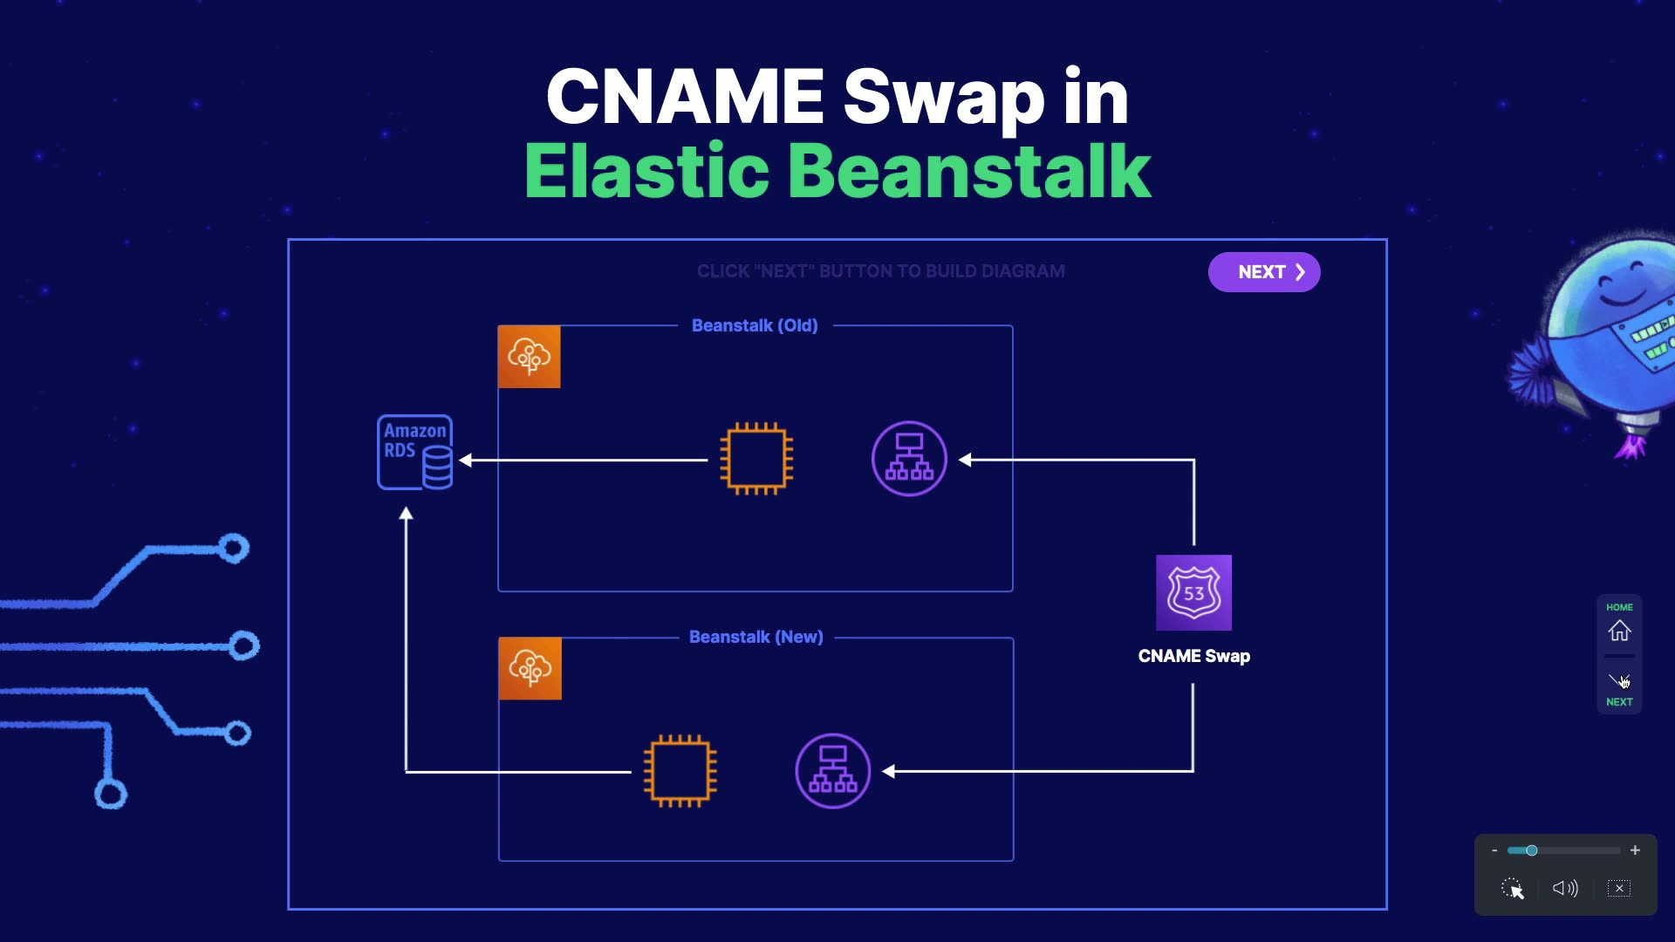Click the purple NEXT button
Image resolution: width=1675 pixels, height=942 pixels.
[1264, 272]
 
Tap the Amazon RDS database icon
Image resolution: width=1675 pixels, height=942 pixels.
[415, 452]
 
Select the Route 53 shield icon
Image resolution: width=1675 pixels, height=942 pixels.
[1193, 592]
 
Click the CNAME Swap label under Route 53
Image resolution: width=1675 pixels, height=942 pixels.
[1194, 656]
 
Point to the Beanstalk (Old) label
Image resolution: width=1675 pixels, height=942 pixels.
[755, 325]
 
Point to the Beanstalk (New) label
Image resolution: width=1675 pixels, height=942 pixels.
[756, 637]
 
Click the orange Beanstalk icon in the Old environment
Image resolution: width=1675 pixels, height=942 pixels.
[529, 357]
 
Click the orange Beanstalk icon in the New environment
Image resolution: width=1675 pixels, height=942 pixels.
[530, 668]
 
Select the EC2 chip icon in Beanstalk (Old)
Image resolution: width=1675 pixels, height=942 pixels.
[756, 459]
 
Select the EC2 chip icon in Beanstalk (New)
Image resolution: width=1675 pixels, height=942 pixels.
[680, 771]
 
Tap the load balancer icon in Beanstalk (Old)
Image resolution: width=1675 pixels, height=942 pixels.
[909, 459]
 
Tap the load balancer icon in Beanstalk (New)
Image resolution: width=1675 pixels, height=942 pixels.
[833, 771]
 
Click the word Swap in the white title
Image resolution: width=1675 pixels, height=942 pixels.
[944, 98]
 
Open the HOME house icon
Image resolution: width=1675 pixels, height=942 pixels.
[1620, 630]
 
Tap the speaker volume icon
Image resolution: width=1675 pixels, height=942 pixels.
[1565, 888]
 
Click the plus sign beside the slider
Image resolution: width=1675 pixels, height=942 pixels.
[1635, 850]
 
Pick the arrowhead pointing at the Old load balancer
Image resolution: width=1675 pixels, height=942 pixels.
[965, 460]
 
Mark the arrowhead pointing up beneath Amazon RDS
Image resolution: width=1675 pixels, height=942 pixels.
[406, 514]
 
